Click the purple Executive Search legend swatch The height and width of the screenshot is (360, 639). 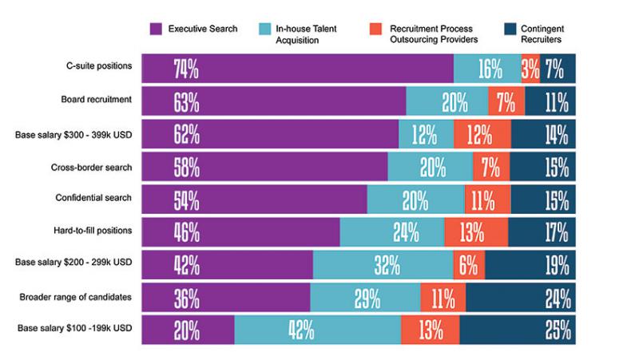tap(157, 30)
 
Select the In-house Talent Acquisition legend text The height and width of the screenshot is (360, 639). tap(308, 34)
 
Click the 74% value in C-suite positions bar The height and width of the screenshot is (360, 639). tap(185, 69)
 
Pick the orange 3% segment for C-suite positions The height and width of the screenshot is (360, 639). tap(530, 69)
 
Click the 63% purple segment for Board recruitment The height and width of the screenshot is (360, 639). tap(185, 101)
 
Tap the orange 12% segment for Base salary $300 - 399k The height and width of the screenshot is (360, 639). tap(482, 134)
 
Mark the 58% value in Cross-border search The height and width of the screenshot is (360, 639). tap(185, 167)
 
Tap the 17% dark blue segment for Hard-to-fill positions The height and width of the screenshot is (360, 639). tap(542, 232)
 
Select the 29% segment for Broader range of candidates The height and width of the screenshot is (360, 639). tap(365, 298)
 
